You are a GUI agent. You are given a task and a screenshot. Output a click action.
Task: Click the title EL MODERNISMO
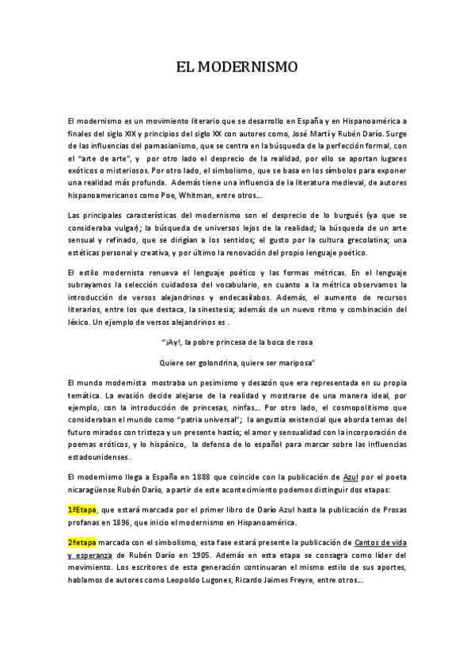tap(237, 67)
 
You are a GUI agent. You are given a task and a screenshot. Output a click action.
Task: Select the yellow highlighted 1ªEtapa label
tap(82, 511)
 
